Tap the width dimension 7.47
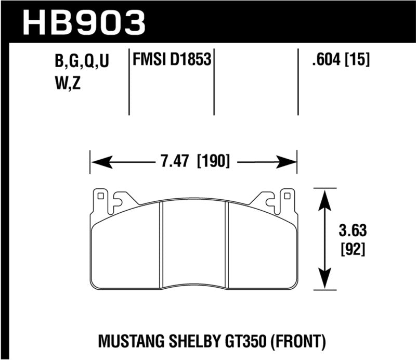[x=175, y=161]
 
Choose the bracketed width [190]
[x=214, y=161]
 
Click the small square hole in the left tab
[x=101, y=197]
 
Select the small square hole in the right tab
[x=285, y=197]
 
